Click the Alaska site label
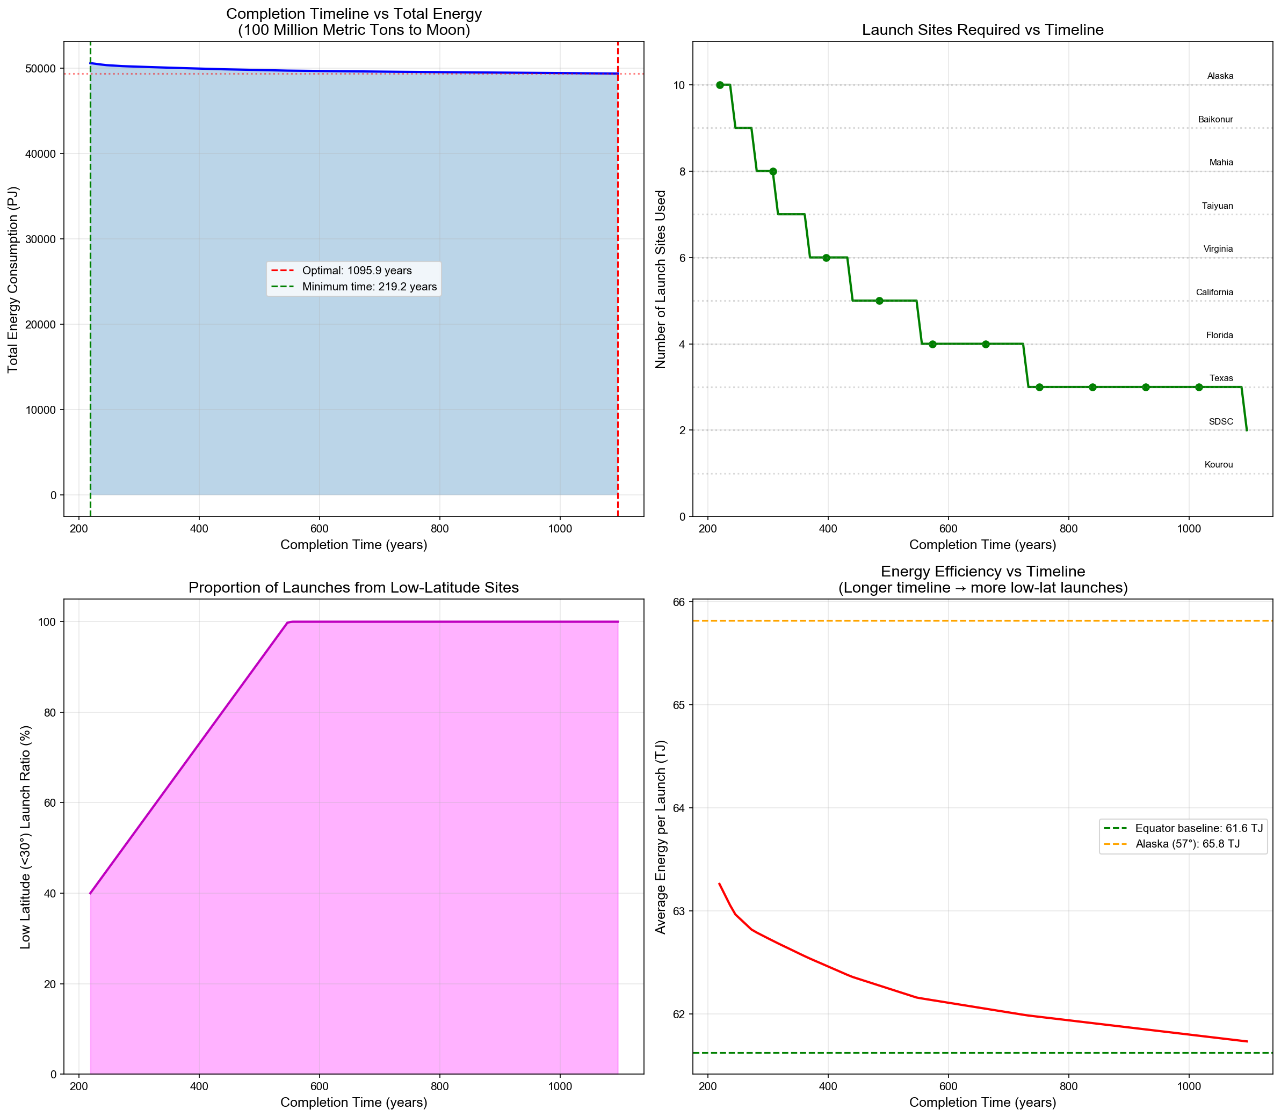tap(1219, 76)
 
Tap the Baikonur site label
tap(1215, 120)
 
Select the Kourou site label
tap(1218, 464)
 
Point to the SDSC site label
tap(1220, 421)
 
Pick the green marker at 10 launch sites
tap(720, 85)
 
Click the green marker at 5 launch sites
tap(879, 301)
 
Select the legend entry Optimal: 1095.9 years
tap(356, 271)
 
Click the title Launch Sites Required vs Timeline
tap(982, 30)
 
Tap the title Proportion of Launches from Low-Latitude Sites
tap(353, 587)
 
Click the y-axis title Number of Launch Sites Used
tap(661, 279)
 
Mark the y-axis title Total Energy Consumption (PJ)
tap(13, 279)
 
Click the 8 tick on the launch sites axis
tap(681, 171)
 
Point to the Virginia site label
tap(1218, 249)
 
